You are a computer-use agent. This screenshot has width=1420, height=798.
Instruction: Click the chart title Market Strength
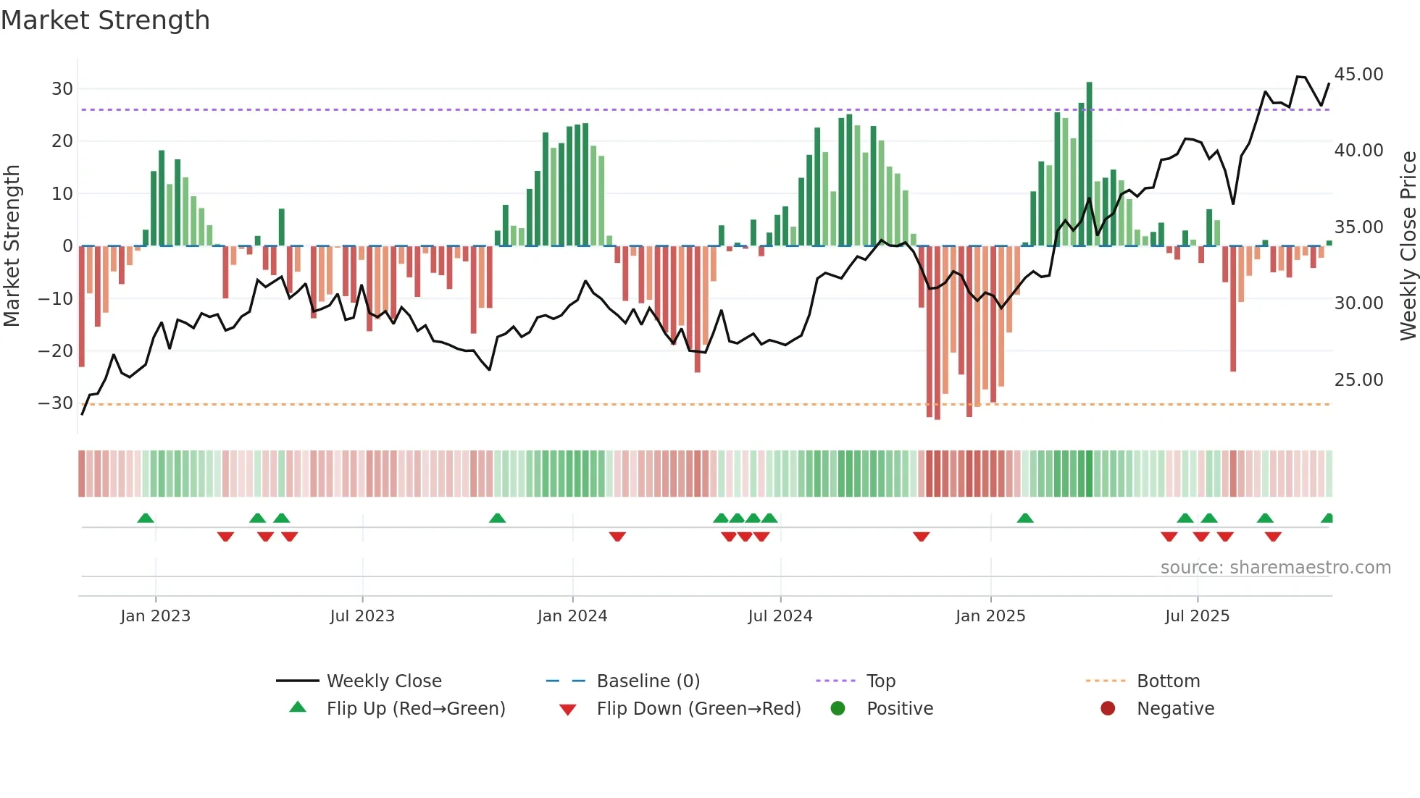tap(105, 20)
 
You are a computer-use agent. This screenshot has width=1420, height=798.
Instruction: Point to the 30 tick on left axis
tap(62, 89)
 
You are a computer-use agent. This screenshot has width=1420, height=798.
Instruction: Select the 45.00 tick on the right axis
tap(1358, 75)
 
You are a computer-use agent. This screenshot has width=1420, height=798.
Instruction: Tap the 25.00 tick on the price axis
tap(1358, 380)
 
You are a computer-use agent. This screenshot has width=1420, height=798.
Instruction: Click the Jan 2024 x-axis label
tap(572, 616)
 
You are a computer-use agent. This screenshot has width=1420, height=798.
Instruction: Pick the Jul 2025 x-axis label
tap(1197, 616)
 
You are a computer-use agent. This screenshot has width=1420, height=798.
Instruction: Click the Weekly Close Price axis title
tap(1408, 246)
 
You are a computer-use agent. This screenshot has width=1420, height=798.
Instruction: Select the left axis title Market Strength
tap(12, 246)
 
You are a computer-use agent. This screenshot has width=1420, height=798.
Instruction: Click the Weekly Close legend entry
tap(383, 681)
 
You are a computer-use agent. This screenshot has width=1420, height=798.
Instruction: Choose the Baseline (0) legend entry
tap(648, 681)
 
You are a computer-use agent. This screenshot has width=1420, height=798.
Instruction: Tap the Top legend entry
tap(880, 681)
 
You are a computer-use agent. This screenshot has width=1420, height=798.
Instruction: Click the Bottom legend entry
tap(1168, 681)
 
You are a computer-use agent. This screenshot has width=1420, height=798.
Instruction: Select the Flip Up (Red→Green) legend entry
tap(415, 709)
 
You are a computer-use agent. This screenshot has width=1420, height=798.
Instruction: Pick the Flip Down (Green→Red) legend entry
tap(698, 709)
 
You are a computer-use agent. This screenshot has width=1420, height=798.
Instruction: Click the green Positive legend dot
tap(838, 709)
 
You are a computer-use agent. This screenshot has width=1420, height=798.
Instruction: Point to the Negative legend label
tap(1175, 709)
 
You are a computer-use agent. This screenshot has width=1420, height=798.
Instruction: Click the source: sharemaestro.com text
tap(1275, 568)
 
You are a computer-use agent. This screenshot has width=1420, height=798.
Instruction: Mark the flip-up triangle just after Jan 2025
tap(1024, 518)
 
